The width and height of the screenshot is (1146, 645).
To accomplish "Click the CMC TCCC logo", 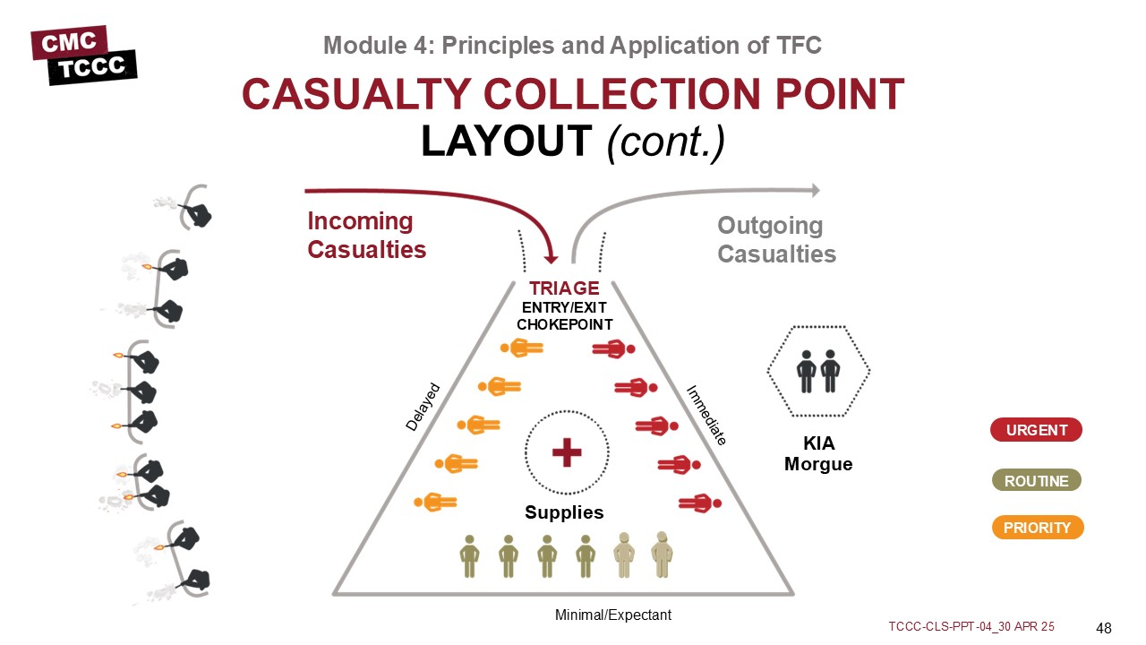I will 84,55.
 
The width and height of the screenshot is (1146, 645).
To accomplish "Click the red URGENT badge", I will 1036,430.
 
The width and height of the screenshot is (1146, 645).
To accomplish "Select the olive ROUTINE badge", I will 1036,481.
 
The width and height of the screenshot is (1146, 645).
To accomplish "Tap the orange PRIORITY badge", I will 1036,528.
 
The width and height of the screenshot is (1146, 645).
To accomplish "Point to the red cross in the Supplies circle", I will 567,452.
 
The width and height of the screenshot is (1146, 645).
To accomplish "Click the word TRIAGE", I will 564,288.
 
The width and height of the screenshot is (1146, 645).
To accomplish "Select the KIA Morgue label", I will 818,455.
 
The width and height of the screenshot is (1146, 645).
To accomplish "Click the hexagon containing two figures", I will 818,371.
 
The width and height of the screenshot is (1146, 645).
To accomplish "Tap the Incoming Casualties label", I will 366,235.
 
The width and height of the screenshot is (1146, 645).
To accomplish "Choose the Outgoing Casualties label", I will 776,240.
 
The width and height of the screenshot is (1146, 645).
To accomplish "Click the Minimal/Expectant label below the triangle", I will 613,615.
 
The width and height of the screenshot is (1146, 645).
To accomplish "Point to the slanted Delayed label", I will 423,408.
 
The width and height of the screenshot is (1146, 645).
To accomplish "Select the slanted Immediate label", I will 706,415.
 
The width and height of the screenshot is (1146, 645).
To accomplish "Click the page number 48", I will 1103,626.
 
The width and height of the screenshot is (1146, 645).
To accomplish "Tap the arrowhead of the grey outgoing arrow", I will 815,190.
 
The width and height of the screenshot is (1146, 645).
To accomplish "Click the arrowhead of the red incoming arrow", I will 552,255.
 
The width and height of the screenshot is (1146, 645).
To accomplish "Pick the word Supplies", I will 564,513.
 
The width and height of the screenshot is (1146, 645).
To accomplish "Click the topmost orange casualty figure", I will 520,348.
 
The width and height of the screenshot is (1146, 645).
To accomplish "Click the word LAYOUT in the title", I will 507,141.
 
